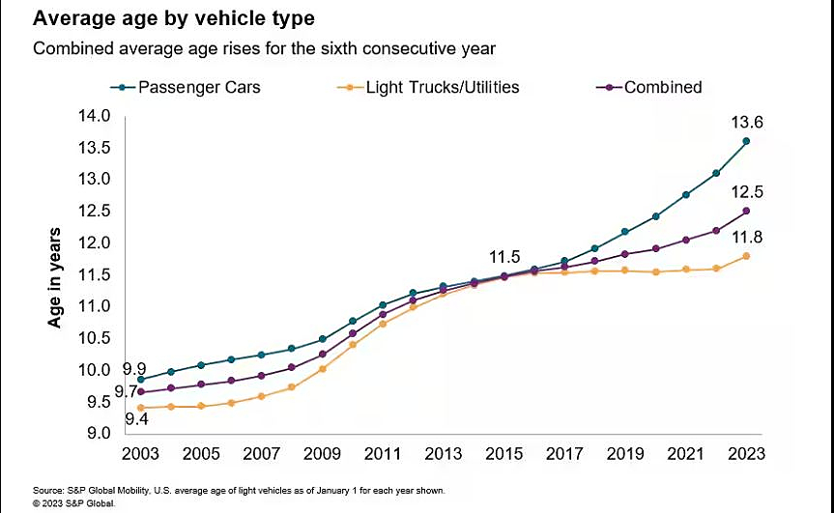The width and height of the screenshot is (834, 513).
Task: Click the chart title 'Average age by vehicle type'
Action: click(173, 18)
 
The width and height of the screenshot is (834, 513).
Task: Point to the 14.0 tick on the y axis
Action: click(97, 116)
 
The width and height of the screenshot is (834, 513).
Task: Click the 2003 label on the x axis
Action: click(141, 453)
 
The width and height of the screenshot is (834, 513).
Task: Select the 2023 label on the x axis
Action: click(746, 453)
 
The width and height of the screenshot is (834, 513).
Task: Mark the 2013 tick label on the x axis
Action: click(444, 453)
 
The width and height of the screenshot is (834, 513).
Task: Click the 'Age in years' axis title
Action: click(55, 277)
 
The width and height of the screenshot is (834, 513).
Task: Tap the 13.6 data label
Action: click(746, 123)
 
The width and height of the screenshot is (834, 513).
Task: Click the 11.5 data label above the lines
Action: click(503, 258)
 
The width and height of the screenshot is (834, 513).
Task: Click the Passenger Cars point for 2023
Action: click(746, 141)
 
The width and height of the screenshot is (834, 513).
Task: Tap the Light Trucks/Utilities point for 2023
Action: click(746, 256)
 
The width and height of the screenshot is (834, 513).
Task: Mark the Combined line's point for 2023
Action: click(746, 211)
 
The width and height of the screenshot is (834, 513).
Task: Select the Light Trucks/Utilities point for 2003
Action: click(141, 408)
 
